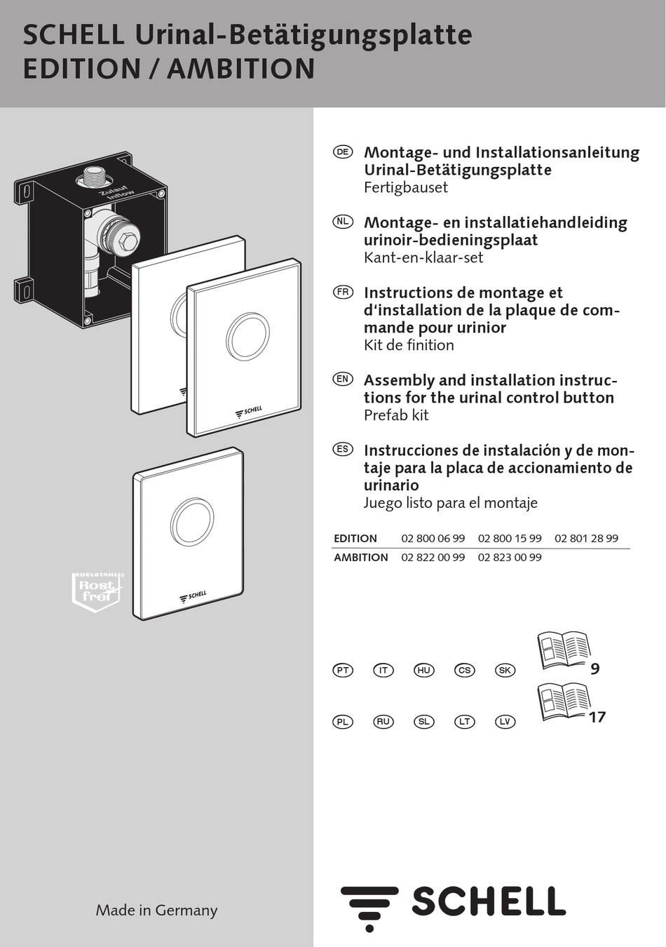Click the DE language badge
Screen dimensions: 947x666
click(343, 152)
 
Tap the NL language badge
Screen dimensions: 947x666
click(343, 222)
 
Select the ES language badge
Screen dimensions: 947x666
click(343, 449)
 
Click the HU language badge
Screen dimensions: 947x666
click(423, 670)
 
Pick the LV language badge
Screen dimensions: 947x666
click(505, 721)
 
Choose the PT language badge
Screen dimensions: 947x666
click(343, 670)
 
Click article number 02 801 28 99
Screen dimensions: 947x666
click(586, 538)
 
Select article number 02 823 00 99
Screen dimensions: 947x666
click(510, 557)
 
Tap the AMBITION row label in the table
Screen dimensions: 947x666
click(360, 557)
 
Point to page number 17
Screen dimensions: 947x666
click(597, 717)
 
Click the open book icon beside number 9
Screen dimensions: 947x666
click(563, 650)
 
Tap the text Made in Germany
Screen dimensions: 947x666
click(156, 910)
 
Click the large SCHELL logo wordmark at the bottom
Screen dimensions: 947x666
click(488, 901)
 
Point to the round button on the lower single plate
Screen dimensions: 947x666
click(192, 522)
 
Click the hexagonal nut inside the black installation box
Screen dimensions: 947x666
click(128, 243)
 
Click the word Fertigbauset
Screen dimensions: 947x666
click(405, 187)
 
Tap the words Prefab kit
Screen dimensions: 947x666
click(396, 415)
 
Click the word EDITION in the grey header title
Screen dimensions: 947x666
click(82, 69)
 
